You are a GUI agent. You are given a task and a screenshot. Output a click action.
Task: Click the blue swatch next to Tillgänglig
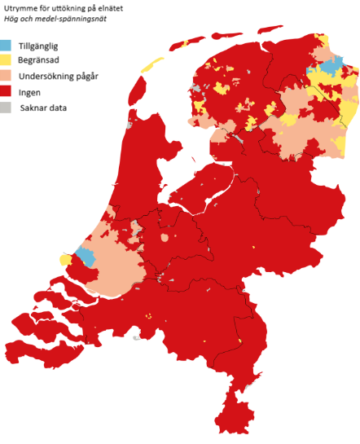pos(9,47)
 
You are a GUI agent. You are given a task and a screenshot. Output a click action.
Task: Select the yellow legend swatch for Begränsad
pos(9,60)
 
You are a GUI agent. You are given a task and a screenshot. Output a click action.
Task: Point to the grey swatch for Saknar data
pos(9,107)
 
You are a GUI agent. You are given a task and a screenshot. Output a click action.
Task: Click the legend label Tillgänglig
pos(49,46)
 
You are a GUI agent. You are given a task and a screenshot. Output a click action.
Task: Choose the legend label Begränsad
pos(48,60)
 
